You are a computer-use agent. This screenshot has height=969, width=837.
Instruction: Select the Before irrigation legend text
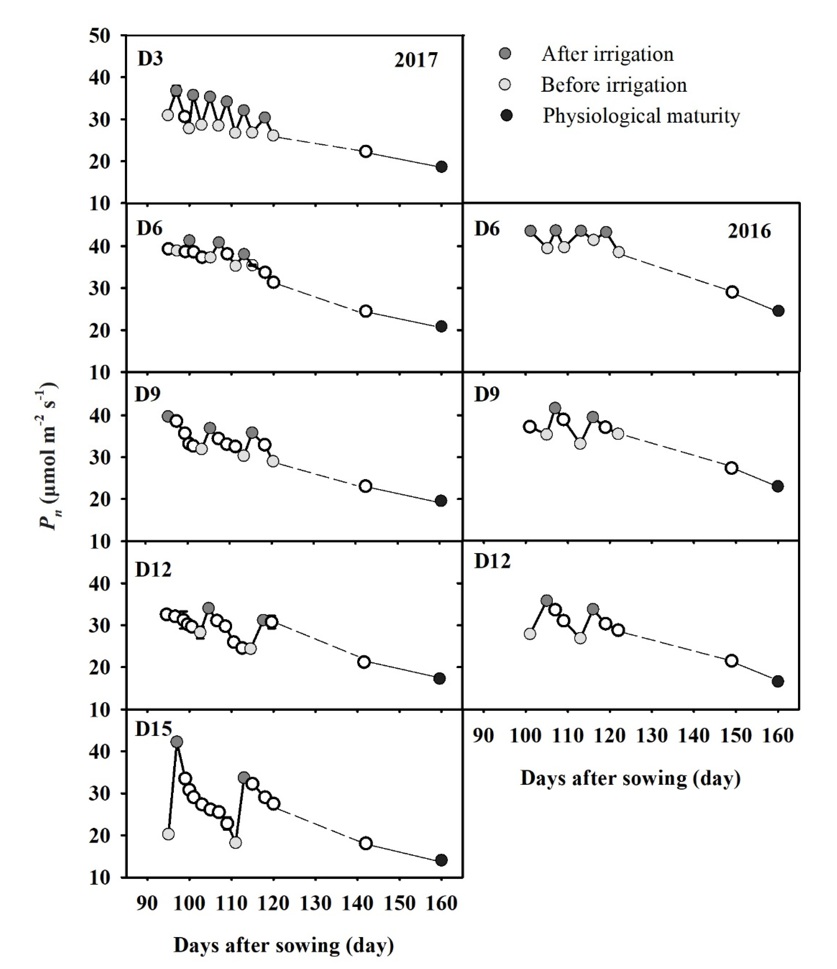[x=614, y=85]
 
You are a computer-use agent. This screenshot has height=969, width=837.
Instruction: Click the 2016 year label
[x=749, y=232]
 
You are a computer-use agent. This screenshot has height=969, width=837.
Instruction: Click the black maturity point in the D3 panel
[x=441, y=167]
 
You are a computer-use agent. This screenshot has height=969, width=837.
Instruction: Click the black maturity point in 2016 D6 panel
[x=778, y=311]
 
